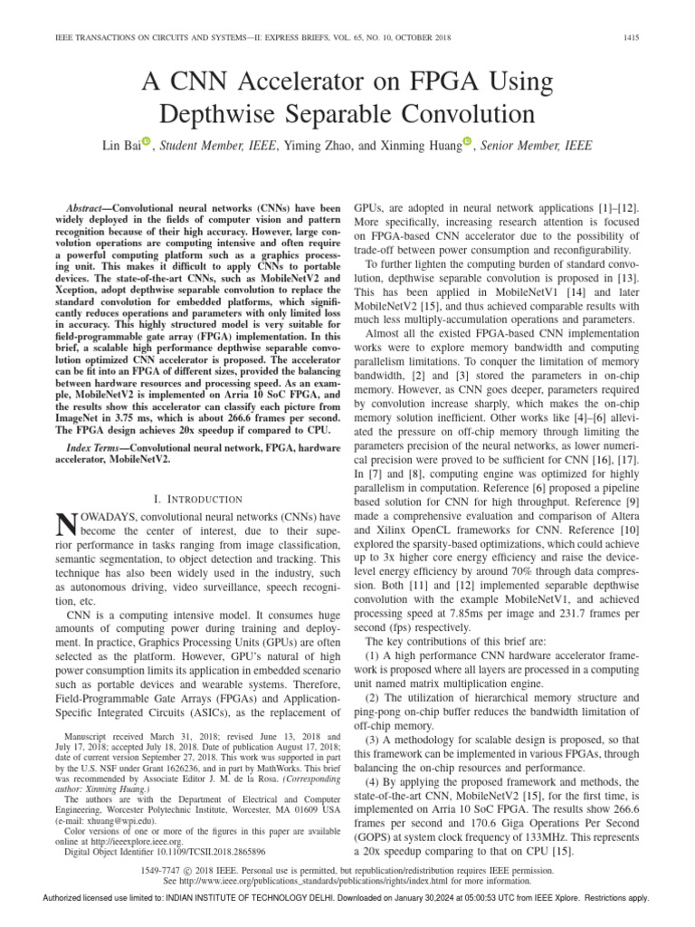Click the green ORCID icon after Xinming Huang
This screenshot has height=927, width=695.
[x=468, y=140]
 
